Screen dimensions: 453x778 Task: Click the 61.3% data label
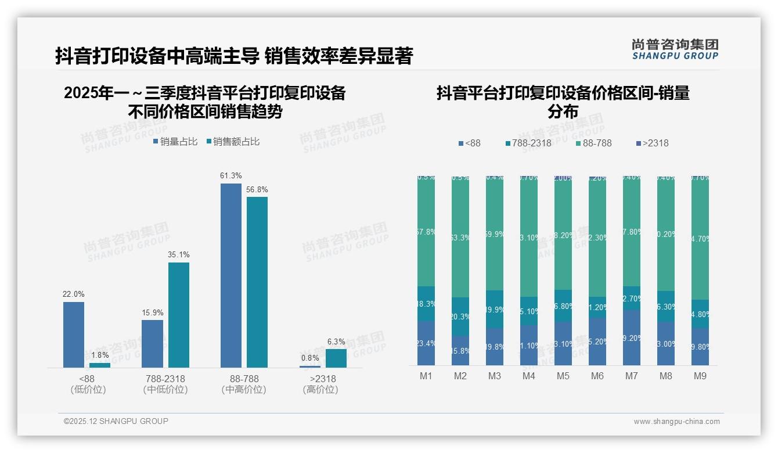(x=231, y=176)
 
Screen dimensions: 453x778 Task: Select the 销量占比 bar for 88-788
(x=231, y=275)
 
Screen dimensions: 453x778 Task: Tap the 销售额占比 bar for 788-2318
(x=179, y=315)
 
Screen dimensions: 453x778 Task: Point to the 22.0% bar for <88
(x=74, y=335)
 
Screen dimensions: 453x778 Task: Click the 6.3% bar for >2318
(x=336, y=358)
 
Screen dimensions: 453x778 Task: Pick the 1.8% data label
(x=100, y=355)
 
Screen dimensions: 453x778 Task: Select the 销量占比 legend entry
(x=175, y=142)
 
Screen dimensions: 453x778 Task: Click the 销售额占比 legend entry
(x=233, y=142)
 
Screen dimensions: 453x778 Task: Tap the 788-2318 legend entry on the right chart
(x=528, y=143)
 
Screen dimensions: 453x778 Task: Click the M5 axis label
(x=563, y=376)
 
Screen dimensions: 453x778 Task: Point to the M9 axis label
(x=700, y=376)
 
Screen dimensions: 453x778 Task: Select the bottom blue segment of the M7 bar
(x=631, y=337)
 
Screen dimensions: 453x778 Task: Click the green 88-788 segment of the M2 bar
(x=460, y=236)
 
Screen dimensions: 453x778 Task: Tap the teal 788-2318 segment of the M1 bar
(x=426, y=304)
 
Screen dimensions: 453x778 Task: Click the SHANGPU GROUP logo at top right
(x=675, y=49)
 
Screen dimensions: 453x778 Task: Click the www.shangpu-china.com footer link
(x=676, y=422)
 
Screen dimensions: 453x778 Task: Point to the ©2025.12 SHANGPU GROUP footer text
(x=116, y=421)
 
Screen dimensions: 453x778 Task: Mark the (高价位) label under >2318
(x=320, y=390)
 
